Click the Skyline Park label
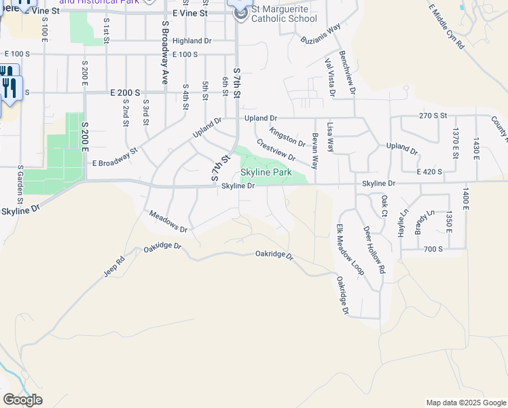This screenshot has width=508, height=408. point(266,173)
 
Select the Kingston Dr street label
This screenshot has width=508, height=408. point(287,137)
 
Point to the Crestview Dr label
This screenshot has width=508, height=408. point(276,150)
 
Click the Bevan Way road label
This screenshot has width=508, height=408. point(314,151)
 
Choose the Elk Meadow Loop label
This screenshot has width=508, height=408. point(350,250)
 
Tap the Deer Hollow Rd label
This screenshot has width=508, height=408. point(374,250)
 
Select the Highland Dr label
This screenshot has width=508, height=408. point(192,41)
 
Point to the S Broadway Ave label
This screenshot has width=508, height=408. point(164,52)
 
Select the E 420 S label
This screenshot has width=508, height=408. point(431,172)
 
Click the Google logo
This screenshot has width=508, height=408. point(22,400)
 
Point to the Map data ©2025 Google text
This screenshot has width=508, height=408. point(465,403)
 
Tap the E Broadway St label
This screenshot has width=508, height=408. point(115,157)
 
